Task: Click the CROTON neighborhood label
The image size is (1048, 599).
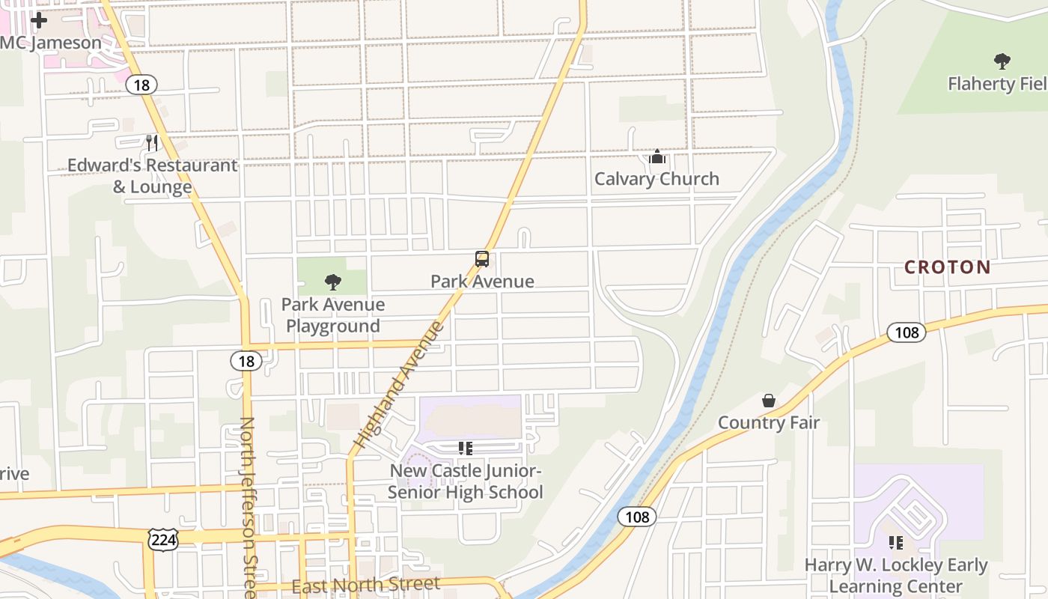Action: tap(947, 267)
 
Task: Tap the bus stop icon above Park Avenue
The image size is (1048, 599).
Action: tap(482, 259)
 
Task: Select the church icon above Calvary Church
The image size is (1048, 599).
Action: tap(657, 156)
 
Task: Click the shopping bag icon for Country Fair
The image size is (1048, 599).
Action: tap(769, 401)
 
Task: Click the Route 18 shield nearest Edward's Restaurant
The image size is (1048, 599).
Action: tap(141, 85)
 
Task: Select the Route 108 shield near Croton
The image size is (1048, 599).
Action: tap(906, 332)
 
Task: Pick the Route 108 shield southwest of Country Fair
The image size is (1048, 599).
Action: tap(636, 517)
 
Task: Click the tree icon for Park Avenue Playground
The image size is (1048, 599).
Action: tap(333, 282)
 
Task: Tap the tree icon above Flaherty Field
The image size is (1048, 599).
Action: tap(1002, 61)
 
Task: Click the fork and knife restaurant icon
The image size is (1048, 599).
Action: tap(152, 142)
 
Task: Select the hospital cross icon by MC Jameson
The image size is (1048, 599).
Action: tap(39, 20)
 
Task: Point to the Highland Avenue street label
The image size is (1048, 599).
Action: tap(400, 385)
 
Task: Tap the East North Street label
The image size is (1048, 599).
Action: tap(365, 585)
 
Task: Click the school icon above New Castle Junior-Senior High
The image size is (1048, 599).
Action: tap(466, 449)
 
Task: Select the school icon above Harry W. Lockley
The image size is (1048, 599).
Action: tap(895, 543)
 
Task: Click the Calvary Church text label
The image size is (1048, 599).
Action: tap(656, 179)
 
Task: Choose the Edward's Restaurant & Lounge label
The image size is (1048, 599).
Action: tap(153, 176)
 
